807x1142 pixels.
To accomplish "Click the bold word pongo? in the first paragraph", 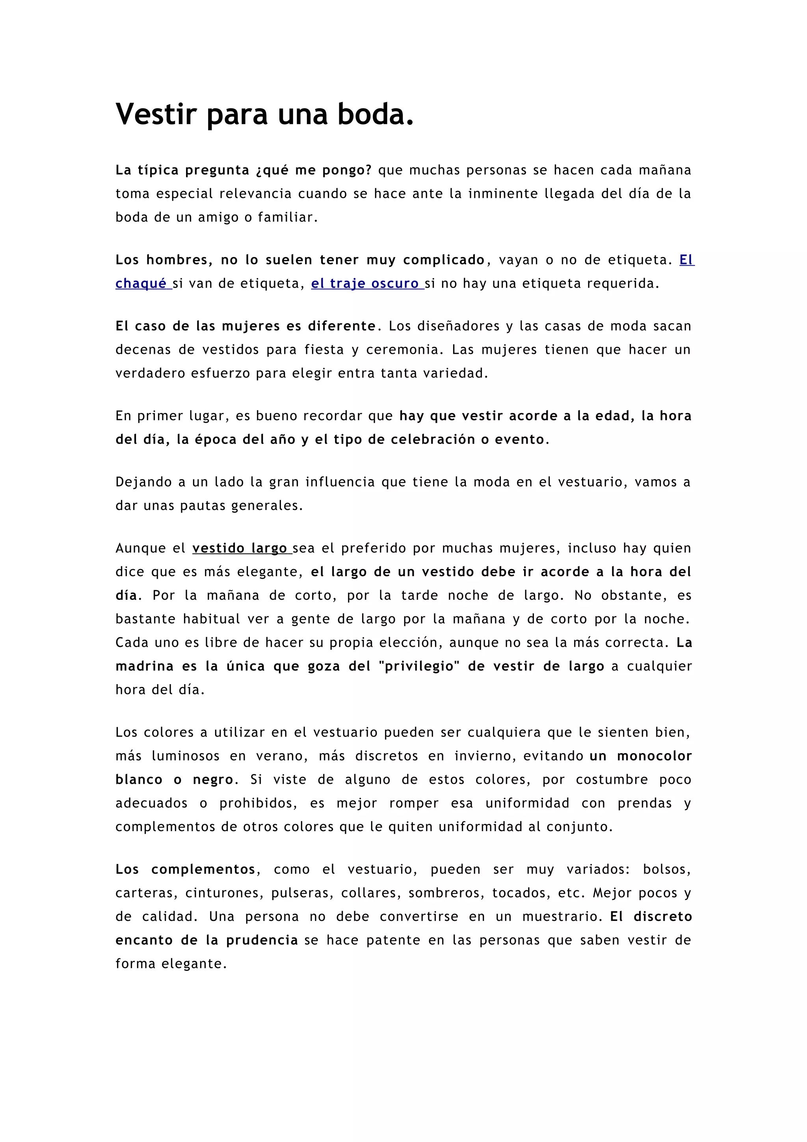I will tap(347, 170).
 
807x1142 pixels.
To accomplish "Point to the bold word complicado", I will tap(444, 260).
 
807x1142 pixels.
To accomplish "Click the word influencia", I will tap(340, 482).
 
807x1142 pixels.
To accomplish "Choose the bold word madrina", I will tap(144, 666).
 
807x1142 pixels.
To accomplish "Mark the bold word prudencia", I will tap(262, 940).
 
